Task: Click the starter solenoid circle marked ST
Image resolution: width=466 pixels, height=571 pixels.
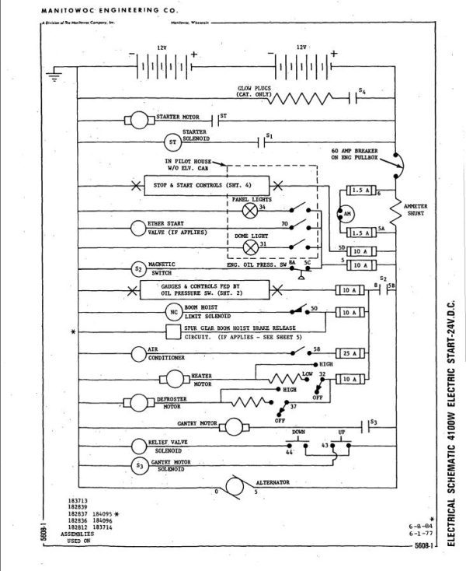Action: click(171, 142)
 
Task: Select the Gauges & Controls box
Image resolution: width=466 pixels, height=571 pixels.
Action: click(205, 290)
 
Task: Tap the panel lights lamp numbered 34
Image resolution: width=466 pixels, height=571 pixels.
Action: click(250, 209)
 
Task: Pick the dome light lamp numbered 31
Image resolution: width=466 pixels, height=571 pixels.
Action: click(250, 247)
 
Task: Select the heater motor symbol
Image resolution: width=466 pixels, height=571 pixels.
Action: click(175, 379)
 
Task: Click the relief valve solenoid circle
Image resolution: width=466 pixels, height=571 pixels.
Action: click(138, 446)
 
